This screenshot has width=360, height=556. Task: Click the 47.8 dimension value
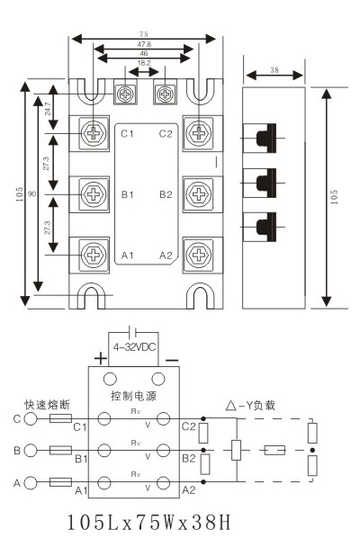pyautogui.click(x=144, y=44)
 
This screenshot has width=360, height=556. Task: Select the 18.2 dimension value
pyautogui.click(x=144, y=63)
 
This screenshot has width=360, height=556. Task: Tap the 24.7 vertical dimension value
pyautogui.click(x=48, y=109)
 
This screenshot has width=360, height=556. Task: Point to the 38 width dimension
pyautogui.click(x=274, y=70)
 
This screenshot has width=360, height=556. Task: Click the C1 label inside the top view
pyautogui.click(x=127, y=134)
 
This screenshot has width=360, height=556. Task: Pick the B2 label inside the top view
pyautogui.click(x=166, y=194)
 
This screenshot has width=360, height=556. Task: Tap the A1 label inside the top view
pyautogui.click(x=127, y=256)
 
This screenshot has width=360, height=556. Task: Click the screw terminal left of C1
pyautogui.click(x=94, y=133)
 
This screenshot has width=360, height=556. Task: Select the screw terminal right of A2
pyautogui.click(x=199, y=255)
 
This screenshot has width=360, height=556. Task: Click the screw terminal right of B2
pyautogui.click(x=199, y=193)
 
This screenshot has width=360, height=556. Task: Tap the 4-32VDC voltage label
pyautogui.click(x=134, y=347)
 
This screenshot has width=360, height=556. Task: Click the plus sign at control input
pyautogui.click(x=101, y=358)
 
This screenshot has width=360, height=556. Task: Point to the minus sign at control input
pyautogui.click(x=173, y=361)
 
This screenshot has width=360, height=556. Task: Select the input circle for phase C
pyautogui.click(x=31, y=418)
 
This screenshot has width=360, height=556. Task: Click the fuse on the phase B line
pyautogui.click(x=60, y=451)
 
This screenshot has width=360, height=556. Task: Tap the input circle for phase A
pyautogui.click(x=31, y=482)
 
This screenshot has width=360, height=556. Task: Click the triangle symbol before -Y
pyautogui.click(x=231, y=405)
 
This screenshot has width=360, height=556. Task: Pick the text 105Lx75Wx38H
pyautogui.click(x=149, y=523)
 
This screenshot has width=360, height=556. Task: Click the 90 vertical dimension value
pyautogui.click(x=31, y=194)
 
